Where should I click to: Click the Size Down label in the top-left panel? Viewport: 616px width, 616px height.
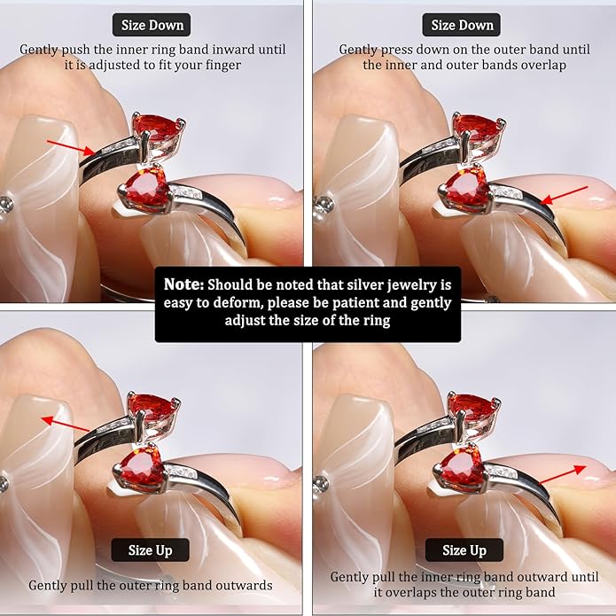click(x=152, y=25)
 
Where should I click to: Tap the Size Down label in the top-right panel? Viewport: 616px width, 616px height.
click(x=462, y=25)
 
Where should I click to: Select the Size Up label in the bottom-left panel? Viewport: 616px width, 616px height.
click(x=150, y=550)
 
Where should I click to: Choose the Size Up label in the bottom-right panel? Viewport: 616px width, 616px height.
click(x=464, y=550)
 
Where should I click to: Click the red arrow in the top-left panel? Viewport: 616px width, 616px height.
click(x=71, y=147)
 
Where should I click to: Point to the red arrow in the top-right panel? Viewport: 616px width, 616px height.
click(x=564, y=195)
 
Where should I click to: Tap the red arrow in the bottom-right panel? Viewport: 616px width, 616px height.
click(x=563, y=474)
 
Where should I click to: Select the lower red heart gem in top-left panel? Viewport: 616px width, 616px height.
click(x=146, y=190)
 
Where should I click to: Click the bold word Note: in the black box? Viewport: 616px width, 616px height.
click(x=183, y=284)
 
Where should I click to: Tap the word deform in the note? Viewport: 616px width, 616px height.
click(x=240, y=302)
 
